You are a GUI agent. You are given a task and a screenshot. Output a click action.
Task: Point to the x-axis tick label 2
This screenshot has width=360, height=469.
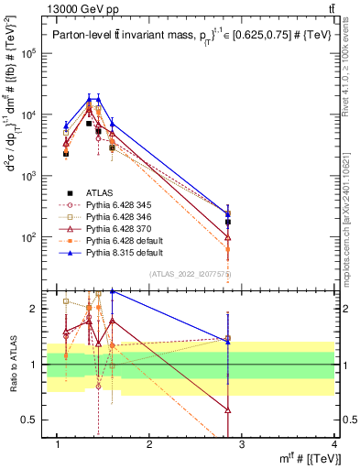[x=150, y=444]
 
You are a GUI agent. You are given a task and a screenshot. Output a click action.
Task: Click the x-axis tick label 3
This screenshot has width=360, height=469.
[x=243, y=444]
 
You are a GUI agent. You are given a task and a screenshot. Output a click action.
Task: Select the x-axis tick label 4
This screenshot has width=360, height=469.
[x=335, y=444]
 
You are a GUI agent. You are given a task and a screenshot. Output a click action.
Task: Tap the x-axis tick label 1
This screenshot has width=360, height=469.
[x=58, y=444]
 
